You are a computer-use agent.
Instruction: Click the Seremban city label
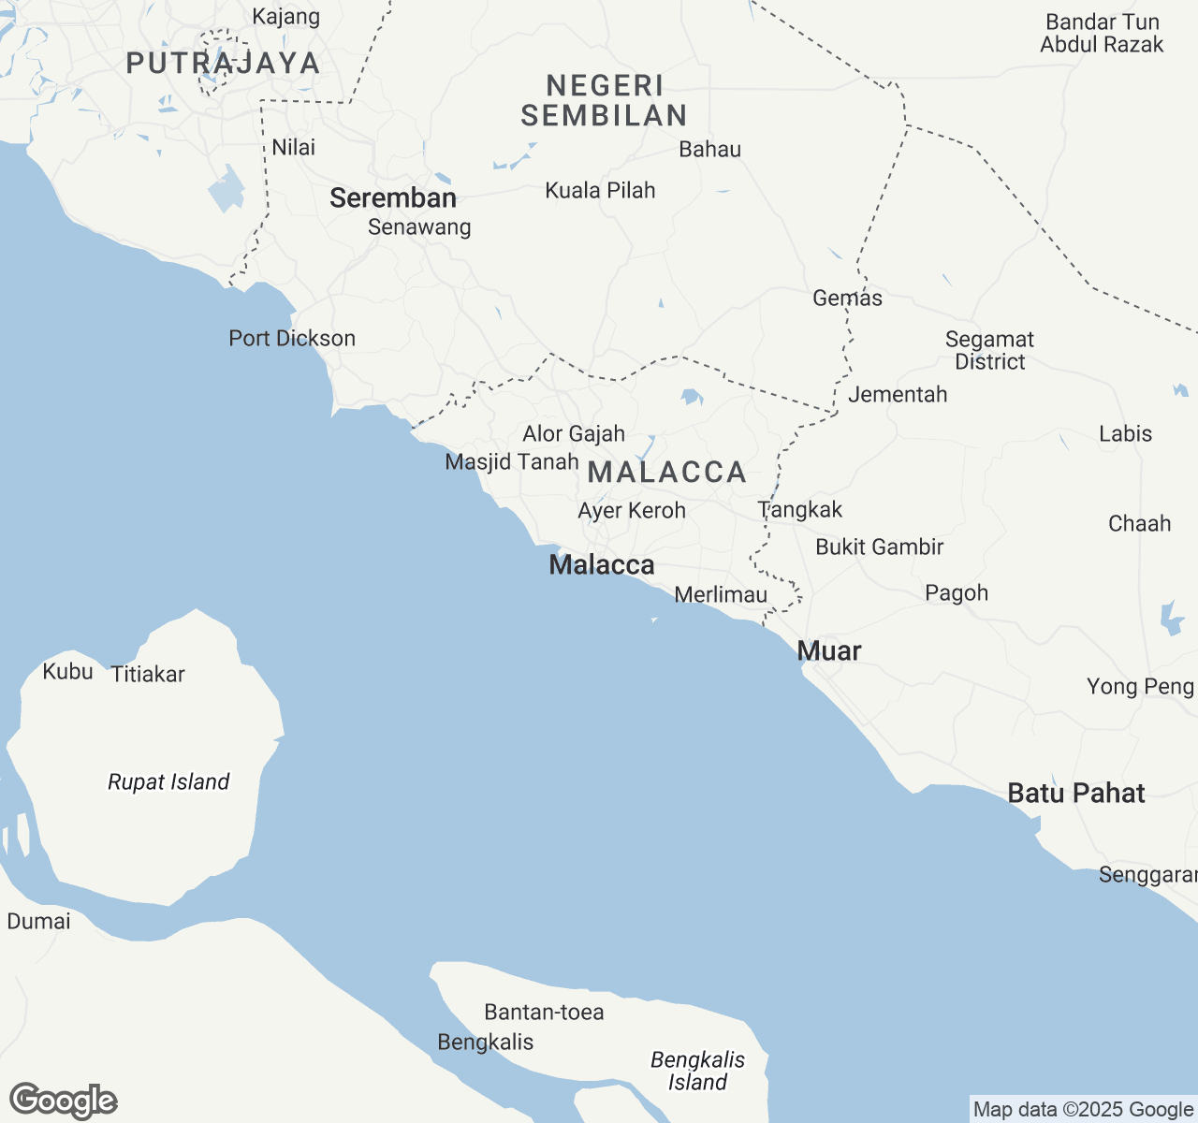pos(393,198)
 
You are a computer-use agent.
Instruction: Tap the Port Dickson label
pos(292,339)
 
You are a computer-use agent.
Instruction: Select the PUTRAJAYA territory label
pos(224,64)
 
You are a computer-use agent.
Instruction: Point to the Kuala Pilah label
pos(600,191)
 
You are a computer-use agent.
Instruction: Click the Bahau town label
pos(709,150)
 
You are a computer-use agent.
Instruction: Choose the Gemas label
pos(847,299)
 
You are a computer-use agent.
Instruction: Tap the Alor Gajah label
pos(574,434)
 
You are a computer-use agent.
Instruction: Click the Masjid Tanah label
pos(512,462)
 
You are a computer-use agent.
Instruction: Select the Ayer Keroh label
pos(632,511)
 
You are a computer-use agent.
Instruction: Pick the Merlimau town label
pos(721,595)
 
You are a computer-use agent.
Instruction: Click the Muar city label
pos(829,651)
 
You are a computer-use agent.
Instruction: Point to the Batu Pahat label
pos(1076,794)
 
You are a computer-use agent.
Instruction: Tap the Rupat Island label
pos(168,782)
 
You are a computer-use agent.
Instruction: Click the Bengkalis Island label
pos(697,1072)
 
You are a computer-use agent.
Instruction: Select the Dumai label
pos(38,922)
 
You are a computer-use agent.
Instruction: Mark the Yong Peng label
pos(1140,687)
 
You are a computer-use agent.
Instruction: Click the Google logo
pos(64,1101)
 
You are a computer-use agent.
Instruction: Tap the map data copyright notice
pos(1082,1110)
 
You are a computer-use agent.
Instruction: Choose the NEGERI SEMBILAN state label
pos(605,101)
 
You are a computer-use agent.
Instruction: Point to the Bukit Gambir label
pos(879,547)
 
